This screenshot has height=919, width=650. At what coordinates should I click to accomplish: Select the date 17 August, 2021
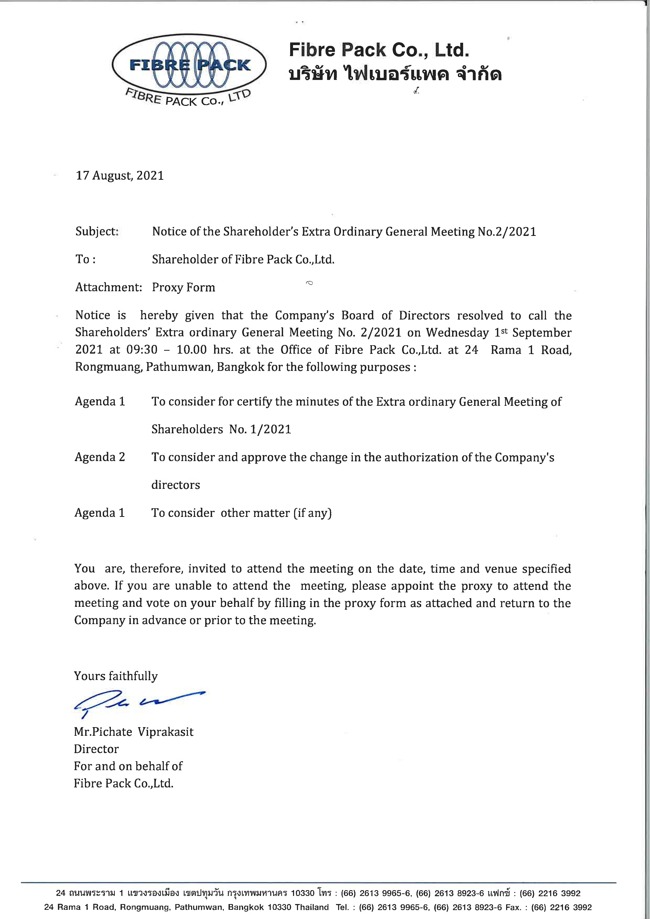120,176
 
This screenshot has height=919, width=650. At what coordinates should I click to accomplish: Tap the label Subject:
97,231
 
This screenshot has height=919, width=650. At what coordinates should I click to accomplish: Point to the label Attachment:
109,287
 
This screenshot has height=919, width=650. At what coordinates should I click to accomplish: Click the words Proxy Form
183,287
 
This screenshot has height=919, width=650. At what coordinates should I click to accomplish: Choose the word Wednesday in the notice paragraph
457,333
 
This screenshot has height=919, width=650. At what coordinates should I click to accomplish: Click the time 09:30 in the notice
142,350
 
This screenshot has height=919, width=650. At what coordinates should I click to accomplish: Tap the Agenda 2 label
100,457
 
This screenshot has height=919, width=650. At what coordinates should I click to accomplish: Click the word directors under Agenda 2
175,485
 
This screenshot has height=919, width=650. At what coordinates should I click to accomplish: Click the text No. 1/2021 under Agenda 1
260,429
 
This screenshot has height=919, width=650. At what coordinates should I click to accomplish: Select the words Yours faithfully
116,676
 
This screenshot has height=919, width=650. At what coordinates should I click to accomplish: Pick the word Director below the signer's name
96,749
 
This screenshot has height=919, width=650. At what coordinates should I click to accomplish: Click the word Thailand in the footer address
312,907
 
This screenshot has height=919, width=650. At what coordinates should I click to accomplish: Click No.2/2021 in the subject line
507,232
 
